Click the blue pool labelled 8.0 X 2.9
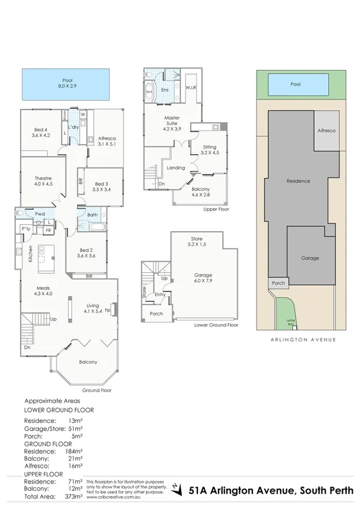tap(67, 84)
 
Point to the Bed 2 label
tap(86, 252)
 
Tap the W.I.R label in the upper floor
tap(192, 88)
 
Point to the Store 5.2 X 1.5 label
tap(196, 241)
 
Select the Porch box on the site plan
tap(278, 283)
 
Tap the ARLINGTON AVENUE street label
tap(295, 339)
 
